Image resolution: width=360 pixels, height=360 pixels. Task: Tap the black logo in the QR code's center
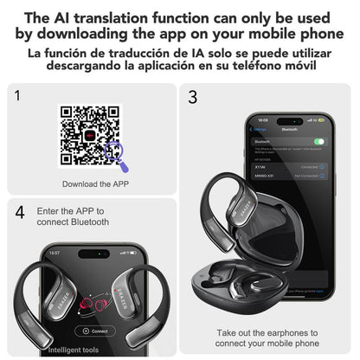89,136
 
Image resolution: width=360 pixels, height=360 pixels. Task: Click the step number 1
17,95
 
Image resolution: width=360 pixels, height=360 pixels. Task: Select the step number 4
19,212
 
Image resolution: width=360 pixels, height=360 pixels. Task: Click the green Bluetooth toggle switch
318,141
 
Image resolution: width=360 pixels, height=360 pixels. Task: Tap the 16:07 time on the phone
54,254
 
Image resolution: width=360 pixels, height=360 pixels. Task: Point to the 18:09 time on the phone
262,120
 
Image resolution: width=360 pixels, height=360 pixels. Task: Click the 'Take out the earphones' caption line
267,331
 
